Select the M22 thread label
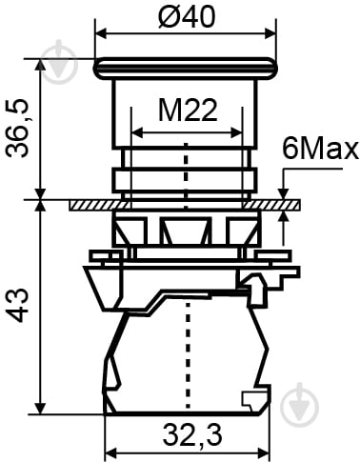pos(187,111)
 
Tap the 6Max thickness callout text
pos(320,150)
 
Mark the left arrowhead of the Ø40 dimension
pos(100,35)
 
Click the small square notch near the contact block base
pos(250,400)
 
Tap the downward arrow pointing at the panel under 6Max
pos(284,193)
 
